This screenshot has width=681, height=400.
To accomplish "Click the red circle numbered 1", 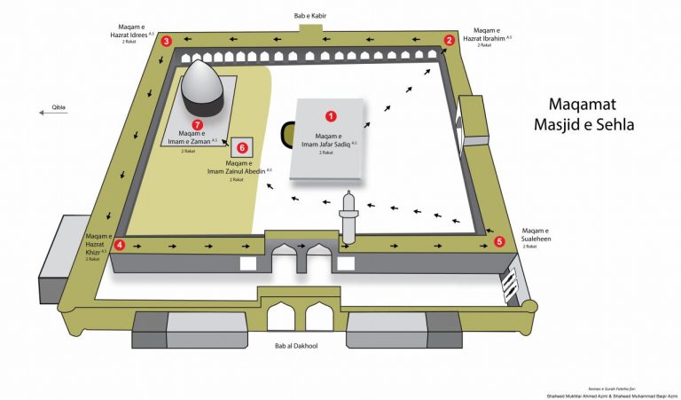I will point(331,115).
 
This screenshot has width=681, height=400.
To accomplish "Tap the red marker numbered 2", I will point(450,40).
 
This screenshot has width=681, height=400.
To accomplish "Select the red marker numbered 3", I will point(167,40).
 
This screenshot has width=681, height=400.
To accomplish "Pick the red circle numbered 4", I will point(120,245).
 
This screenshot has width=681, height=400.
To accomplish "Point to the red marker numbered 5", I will point(499,240).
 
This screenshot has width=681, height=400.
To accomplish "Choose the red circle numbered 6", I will point(242,147).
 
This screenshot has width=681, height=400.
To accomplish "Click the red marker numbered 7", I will point(198,125).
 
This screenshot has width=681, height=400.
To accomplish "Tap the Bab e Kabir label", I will point(309,16).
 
